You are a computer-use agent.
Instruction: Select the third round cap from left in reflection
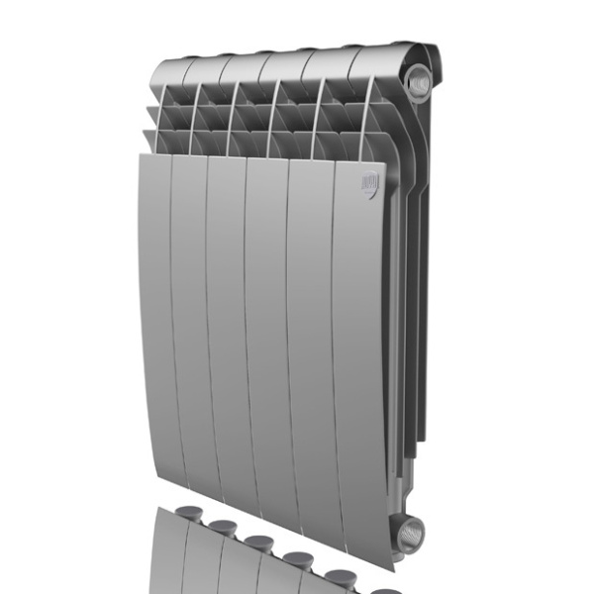pos(257,543)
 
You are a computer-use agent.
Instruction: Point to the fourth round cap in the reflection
pos(298,558)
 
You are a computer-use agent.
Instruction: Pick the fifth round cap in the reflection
pos(341,574)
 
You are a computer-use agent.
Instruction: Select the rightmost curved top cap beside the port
pos(381,57)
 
